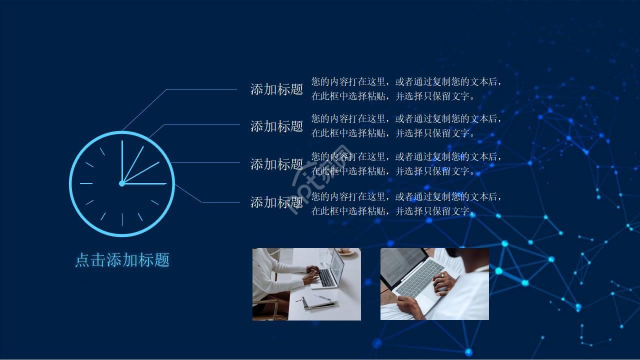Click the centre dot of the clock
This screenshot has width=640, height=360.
pos(121,183)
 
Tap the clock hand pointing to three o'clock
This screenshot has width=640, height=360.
pos(146,183)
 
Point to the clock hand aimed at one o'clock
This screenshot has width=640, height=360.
pos(133,163)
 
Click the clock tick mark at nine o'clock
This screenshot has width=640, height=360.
pos(86,183)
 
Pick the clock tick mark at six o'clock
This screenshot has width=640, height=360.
pos(122,219)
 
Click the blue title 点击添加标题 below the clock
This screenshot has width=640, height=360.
pos(122,259)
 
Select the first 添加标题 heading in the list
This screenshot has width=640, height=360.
pos(276,89)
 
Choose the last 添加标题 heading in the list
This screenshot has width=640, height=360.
pos(276,202)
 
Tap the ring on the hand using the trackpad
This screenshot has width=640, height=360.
pos(442,274)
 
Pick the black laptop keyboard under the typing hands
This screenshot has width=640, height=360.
pos(326,277)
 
